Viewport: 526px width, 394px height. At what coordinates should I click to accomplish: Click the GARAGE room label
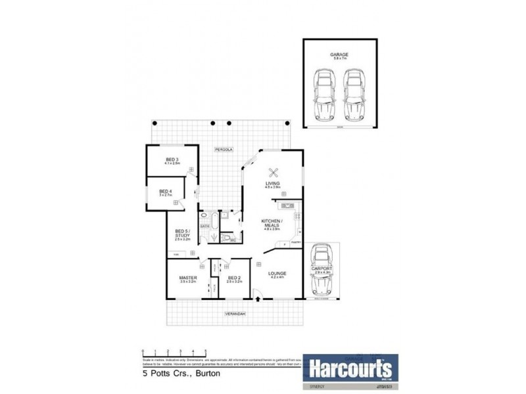(340, 55)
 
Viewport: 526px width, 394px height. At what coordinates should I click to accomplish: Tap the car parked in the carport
(321, 269)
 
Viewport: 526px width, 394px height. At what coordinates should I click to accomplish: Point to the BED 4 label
(164, 192)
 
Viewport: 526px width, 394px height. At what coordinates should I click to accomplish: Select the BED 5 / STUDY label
(182, 234)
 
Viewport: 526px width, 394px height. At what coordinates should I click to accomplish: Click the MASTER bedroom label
(188, 278)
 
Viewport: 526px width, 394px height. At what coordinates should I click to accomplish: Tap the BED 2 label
(235, 278)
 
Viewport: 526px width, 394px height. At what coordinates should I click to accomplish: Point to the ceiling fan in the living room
(275, 173)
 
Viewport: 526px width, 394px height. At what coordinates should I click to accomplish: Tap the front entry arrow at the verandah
(257, 299)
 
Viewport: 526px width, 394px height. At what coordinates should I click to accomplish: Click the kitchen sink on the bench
(287, 207)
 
